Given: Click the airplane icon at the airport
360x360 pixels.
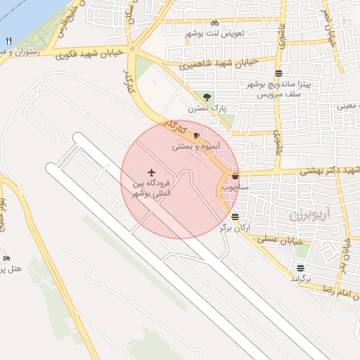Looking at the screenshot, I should [x=151, y=172].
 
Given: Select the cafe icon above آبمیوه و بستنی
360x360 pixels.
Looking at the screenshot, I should [x=196, y=135].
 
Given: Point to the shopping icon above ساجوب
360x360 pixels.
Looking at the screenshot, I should [x=234, y=176].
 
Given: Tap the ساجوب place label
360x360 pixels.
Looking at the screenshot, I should [x=235, y=188].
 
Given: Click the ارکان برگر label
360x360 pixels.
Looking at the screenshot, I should [x=235, y=228].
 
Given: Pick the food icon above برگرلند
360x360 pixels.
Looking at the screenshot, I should [x=301, y=267].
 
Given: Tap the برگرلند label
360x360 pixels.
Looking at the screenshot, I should [x=301, y=279].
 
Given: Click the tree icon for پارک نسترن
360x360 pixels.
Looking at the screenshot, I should [x=206, y=97].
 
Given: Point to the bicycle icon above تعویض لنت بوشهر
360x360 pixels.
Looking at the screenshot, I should [x=215, y=22].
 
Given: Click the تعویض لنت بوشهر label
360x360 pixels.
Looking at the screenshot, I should [x=215, y=34].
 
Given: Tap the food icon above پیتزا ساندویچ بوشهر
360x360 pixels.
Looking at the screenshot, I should [x=279, y=72].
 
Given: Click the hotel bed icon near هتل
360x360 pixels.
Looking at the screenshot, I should [x=6, y=257].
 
